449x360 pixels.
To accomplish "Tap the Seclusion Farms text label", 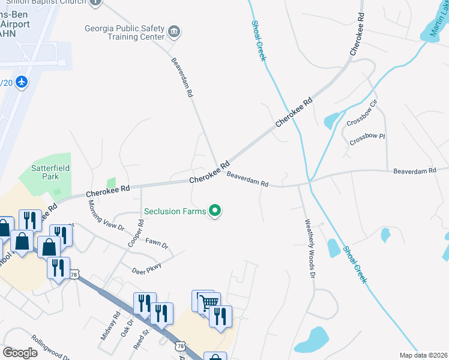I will click(x=175, y=211).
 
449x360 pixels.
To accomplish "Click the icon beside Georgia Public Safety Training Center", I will click(x=174, y=31).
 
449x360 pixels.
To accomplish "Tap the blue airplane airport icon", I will click(x=22, y=81).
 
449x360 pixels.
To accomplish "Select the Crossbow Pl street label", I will click(x=367, y=139).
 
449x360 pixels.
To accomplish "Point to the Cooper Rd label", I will click(x=136, y=233).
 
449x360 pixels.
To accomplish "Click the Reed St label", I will click(x=141, y=338).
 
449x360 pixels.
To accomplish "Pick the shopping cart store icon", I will click(x=208, y=302).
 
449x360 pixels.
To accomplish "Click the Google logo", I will click(x=20, y=353).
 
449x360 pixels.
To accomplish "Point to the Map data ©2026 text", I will click(x=423, y=355).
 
